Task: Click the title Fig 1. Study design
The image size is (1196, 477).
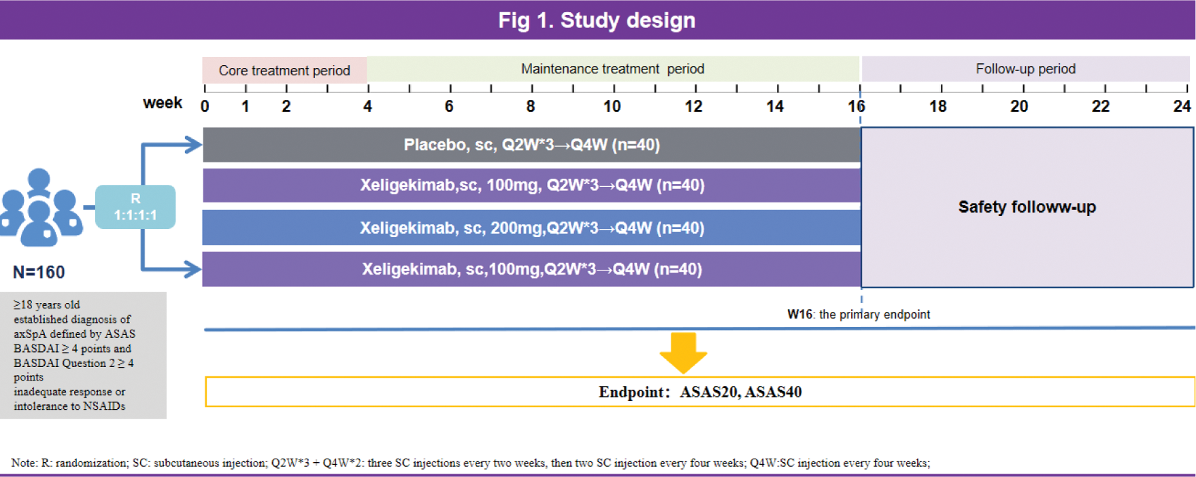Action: point(597,20)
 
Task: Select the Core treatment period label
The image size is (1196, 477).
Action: point(284,71)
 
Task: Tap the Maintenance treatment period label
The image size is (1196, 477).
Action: point(612,69)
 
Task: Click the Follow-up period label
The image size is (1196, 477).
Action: point(1025,69)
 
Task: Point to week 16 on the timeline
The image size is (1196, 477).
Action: point(857,107)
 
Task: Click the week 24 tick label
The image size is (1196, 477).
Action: point(1182,107)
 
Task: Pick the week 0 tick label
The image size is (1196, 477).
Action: point(205,107)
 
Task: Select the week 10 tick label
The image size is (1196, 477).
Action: point(612,107)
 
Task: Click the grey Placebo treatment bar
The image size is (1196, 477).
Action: point(531,145)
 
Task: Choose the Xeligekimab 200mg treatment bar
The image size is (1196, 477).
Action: point(531,228)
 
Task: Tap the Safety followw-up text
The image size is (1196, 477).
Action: point(1027,207)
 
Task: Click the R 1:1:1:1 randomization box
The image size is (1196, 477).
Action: point(135,207)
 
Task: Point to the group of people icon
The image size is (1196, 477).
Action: point(41,207)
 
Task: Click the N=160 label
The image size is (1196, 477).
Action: point(39,272)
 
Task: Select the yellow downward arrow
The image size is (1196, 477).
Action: point(683,353)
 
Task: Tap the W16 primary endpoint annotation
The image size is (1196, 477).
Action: point(859,315)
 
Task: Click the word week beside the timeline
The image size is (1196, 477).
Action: point(163,103)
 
